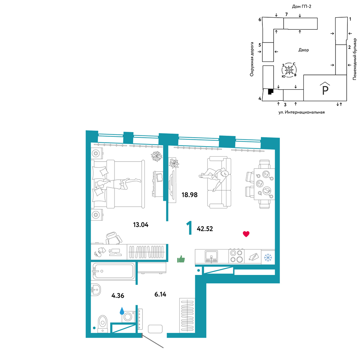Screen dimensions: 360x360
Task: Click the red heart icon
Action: pyautogui.click(x=246, y=234)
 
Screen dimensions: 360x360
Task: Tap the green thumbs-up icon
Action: pyautogui.click(x=181, y=259)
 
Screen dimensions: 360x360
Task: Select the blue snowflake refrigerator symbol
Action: pyautogui.click(x=268, y=257)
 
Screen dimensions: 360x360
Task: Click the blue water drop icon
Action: pyautogui.click(x=122, y=311)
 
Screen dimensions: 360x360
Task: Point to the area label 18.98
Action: pyautogui.click(x=189, y=195)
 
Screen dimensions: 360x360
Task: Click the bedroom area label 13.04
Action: pyautogui.click(x=141, y=225)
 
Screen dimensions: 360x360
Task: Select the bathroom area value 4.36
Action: pyautogui.click(x=118, y=296)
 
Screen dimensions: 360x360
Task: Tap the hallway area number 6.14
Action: pyautogui.click(x=160, y=294)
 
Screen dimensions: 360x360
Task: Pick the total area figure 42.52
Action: pyautogui.click(x=205, y=229)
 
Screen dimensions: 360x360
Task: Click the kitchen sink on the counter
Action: pyautogui.click(x=211, y=256)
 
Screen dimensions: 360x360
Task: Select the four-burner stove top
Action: pyautogui.click(x=237, y=256)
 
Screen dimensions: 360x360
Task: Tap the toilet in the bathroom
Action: pyautogui.click(x=103, y=324)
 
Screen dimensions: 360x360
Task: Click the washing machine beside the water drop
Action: pyautogui.click(x=128, y=316)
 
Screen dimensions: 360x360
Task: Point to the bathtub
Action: pyautogui.click(x=113, y=271)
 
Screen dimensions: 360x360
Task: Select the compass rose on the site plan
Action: pyautogui.click(x=289, y=69)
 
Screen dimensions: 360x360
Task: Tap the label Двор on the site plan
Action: pyautogui.click(x=303, y=50)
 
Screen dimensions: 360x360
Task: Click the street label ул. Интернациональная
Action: pyautogui.click(x=301, y=112)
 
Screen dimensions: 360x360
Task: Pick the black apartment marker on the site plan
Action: pyautogui.click(x=271, y=91)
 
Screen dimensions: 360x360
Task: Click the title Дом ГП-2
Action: pyautogui.click(x=301, y=6)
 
